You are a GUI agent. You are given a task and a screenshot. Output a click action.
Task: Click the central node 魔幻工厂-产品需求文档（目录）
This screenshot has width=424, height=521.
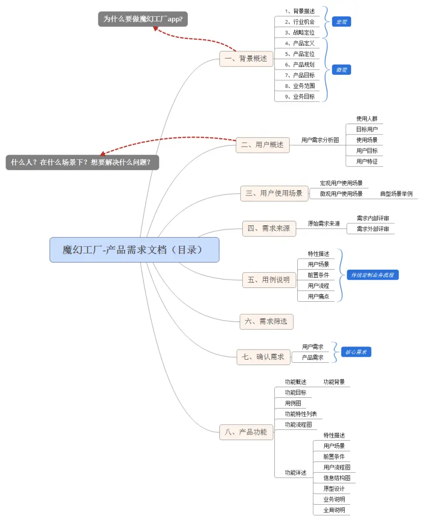pos(134,250)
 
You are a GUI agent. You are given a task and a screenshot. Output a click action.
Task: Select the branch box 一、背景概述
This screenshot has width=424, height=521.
pos(246,59)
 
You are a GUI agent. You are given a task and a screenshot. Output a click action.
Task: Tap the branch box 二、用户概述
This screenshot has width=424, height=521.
pos(263,144)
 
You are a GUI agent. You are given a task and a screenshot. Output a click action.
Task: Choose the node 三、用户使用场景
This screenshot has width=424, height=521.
pos(274,193)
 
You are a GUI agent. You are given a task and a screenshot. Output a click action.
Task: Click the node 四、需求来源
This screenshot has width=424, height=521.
pos(269,228)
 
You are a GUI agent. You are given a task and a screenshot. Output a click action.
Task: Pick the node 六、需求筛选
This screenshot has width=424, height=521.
pos(266,321)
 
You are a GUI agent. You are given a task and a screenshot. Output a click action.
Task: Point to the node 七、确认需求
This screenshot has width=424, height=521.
pos(264,357)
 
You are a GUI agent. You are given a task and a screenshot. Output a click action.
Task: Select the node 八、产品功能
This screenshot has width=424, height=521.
pos(246,432)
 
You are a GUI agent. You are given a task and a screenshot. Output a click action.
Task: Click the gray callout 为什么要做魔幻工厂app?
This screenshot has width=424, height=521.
pos(143,19)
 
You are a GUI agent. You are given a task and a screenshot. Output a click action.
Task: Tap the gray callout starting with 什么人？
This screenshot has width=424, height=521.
pos(82,162)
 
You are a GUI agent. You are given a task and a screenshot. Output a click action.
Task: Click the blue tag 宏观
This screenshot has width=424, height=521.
pos(342,22)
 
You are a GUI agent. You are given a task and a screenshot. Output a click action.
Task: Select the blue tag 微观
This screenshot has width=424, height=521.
pos(342,70)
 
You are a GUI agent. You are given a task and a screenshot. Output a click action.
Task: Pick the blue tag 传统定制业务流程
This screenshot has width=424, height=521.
pos(373,275)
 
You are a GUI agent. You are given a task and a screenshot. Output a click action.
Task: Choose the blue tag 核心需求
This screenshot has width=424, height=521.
pos(356,352)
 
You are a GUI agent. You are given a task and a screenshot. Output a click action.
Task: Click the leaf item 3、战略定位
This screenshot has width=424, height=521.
pos(300,33)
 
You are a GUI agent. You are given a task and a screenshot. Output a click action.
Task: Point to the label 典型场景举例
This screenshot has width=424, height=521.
pos(396,194)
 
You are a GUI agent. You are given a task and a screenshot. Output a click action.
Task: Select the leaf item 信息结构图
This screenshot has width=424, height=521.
pos(337,478)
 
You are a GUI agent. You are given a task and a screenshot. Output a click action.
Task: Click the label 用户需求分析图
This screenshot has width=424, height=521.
pos(320,140)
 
